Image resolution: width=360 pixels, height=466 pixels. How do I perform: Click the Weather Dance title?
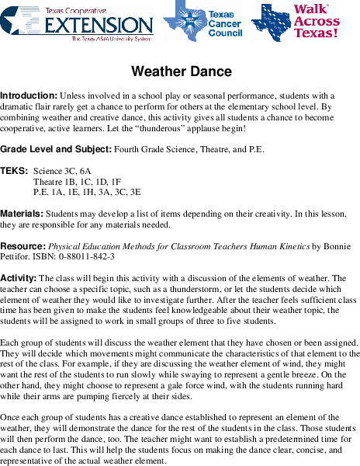click(x=182, y=72)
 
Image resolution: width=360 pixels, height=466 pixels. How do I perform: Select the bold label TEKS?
click(x=15, y=169)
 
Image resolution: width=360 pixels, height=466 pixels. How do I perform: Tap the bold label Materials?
click(x=22, y=212)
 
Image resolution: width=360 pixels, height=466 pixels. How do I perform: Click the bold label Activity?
click(x=19, y=277)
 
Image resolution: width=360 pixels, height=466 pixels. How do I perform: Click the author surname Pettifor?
click(x=16, y=256)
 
